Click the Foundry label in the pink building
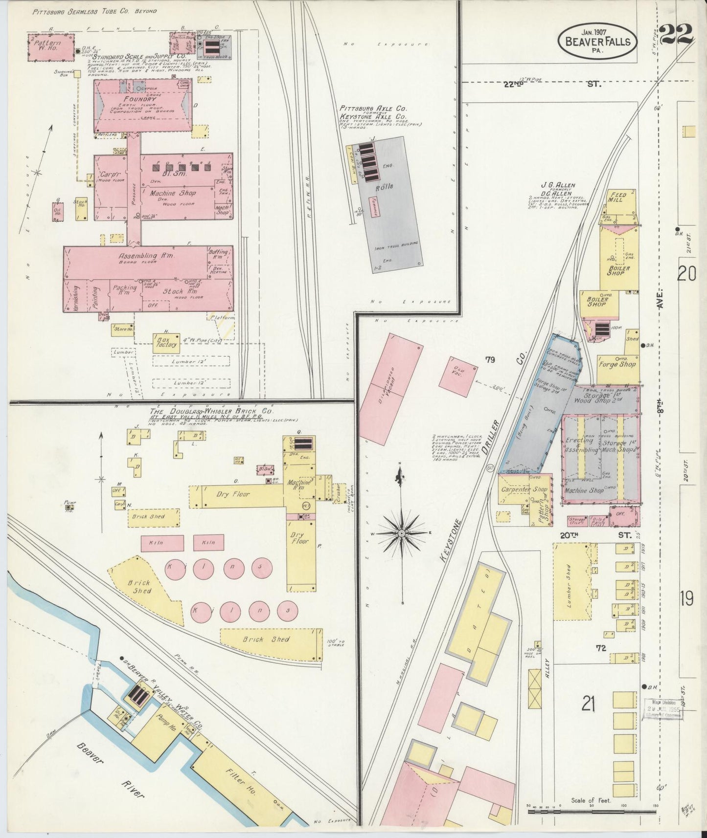142,98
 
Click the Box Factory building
165,344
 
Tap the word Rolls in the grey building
385,186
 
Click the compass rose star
401,531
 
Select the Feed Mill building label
617,198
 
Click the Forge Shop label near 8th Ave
617,364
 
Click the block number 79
490,360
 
